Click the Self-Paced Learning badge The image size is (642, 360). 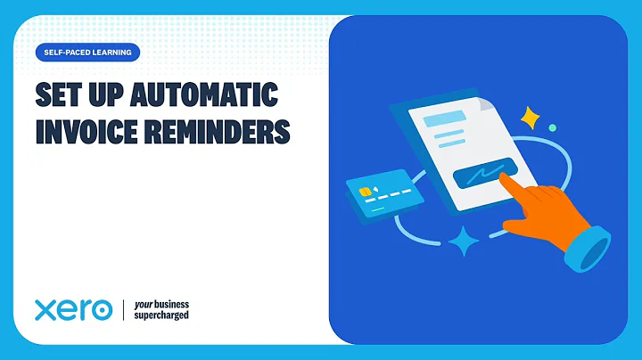[87, 53]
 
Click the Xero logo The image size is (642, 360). [73, 310]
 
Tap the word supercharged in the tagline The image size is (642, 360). [160, 315]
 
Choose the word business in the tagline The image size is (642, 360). [171, 303]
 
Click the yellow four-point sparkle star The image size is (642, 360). [532, 118]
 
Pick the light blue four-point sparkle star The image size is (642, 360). [464, 241]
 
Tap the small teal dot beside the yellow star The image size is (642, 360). [553, 128]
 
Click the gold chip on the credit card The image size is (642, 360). [365, 191]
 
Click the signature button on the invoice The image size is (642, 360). [482, 174]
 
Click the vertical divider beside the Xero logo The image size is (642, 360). [122, 310]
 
